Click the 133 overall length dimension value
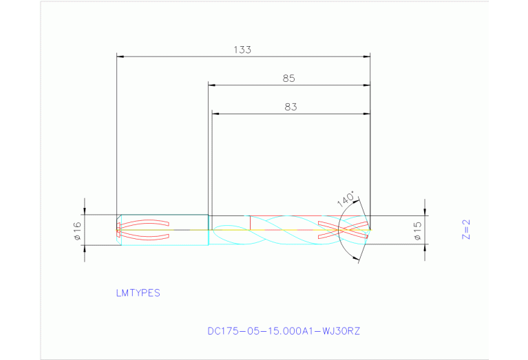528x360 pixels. pyautogui.click(x=242, y=50)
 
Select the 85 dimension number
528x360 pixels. pyautogui.click(x=288, y=78)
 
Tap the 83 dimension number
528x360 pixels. pyautogui.click(x=290, y=107)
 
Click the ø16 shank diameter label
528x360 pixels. pyautogui.click(x=77, y=230)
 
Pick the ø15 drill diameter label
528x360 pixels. pyautogui.click(x=417, y=230)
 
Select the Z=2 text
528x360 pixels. pyautogui.click(x=466, y=229)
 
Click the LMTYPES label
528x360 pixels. pyautogui.click(x=138, y=293)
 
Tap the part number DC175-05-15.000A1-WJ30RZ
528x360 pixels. pyautogui.click(x=284, y=331)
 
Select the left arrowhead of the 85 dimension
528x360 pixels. pyautogui.click(x=213, y=85)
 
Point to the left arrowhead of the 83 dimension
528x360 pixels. pyautogui.click(x=216, y=114)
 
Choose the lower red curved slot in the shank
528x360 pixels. pyautogui.click(x=145, y=237)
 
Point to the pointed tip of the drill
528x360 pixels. pyautogui.click(x=370, y=230)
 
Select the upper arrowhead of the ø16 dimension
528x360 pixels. pyautogui.click(x=85, y=211)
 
